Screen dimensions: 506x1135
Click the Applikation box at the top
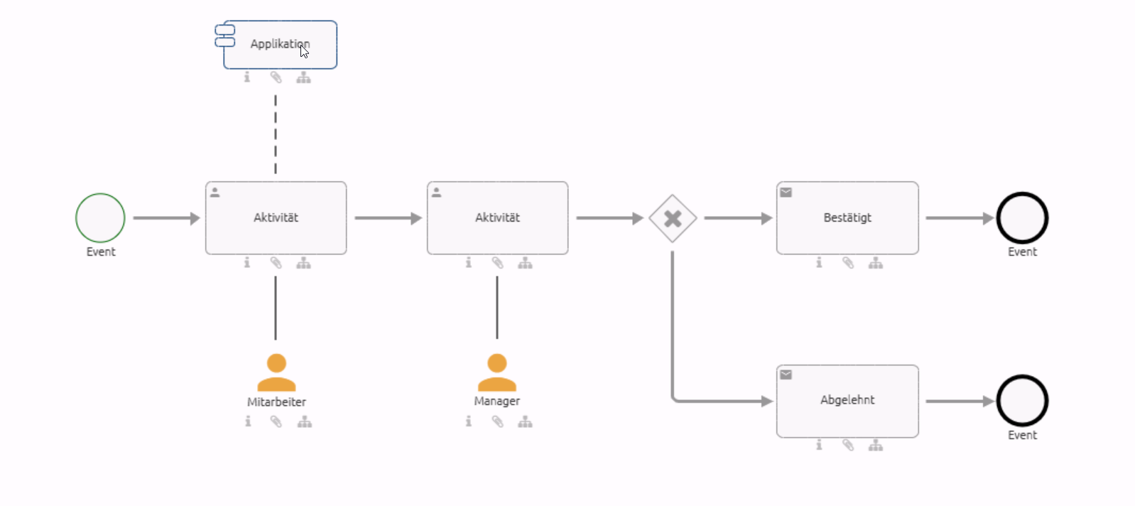click(280, 45)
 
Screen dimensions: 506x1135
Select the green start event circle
click(100, 218)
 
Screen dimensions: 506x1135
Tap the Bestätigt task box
click(847, 218)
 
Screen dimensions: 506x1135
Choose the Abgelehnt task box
click(847, 401)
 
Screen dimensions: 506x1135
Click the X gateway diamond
click(673, 218)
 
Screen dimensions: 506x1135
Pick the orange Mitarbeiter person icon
click(276, 373)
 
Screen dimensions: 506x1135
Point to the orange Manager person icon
click(497, 373)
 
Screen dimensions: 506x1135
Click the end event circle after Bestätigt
click(1022, 218)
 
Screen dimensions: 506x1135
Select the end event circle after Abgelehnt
click(1022, 401)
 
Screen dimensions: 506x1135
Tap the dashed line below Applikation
click(276, 135)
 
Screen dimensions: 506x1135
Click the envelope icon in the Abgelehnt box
click(786, 375)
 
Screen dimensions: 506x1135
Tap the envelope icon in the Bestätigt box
click(786, 192)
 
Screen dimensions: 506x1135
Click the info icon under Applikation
click(247, 77)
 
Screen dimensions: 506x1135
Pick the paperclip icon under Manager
click(497, 422)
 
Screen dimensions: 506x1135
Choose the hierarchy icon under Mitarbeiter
click(305, 422)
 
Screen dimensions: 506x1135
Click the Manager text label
click(497, 402)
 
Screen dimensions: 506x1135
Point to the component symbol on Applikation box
click(225, 36)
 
